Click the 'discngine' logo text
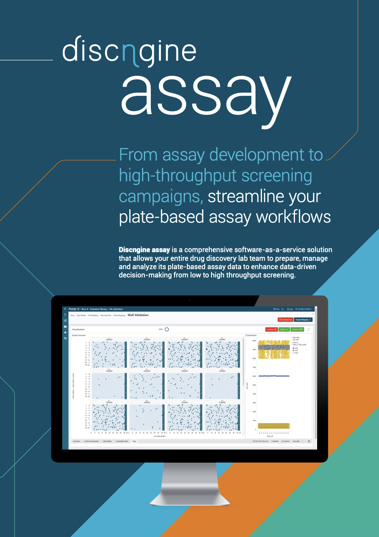[x=129, y=51]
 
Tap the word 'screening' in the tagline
[x=276, y=176]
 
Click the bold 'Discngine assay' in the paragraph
[x=144, y=250]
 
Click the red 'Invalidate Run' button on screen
[x=285, y=319]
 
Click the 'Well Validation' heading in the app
[x=138, y=315]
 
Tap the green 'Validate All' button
[x=297, y=329]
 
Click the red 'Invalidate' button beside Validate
[x=271, y=329]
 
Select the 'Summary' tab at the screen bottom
[x=76, y=441]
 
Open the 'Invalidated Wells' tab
[x=122, y=441]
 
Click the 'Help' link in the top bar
[x=276, y=309]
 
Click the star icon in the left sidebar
[x=65, y=332]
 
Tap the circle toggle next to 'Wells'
[x=167, y=329]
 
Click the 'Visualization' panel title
[x=78, y=329]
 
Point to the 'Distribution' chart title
[x=252, y=335]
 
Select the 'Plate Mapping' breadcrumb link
[x=119, y=315]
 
